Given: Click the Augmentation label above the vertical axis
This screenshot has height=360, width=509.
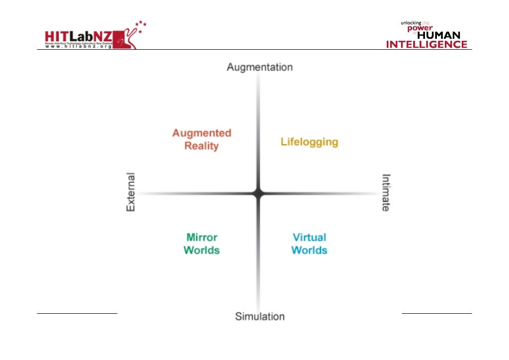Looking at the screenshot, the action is (x=259, y=67).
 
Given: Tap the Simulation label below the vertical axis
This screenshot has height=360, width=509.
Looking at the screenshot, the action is (x=259, y=316).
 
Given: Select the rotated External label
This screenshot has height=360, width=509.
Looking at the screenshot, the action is (x=131, y=192).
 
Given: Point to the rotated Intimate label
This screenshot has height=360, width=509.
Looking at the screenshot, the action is (x=386, y=192).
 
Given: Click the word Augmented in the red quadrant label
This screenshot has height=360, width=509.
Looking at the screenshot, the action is (x=201, y=133).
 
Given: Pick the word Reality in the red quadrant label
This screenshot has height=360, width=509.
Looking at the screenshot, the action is (x=201, y=146).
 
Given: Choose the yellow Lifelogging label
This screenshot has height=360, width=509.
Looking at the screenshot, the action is (x=309, y=142).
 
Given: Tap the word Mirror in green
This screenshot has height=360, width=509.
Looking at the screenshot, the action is (x=202, y=237).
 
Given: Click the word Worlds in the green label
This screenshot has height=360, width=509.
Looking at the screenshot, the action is (x=201, y=250).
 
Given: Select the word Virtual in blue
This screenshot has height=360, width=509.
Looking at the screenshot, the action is (x=309, y=237).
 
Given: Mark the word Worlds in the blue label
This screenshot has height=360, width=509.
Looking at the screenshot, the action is (x=309, y=250).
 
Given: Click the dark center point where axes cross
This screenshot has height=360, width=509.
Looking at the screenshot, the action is (x=258, y=193).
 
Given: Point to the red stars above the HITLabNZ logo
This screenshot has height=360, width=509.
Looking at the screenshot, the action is (x=141, y=26).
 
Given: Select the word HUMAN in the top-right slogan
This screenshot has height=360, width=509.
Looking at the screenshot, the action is (x=438, y=36).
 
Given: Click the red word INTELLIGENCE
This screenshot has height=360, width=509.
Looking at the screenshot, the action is (x=427, y=44).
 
